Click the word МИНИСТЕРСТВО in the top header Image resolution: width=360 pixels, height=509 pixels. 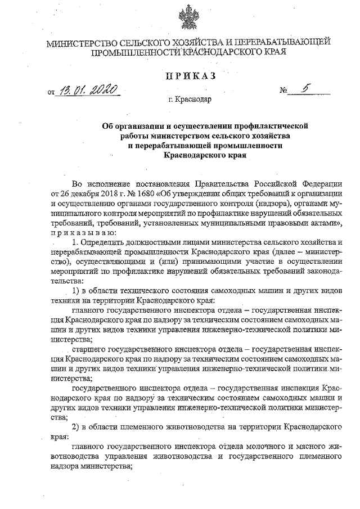(x=82, y=43)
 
